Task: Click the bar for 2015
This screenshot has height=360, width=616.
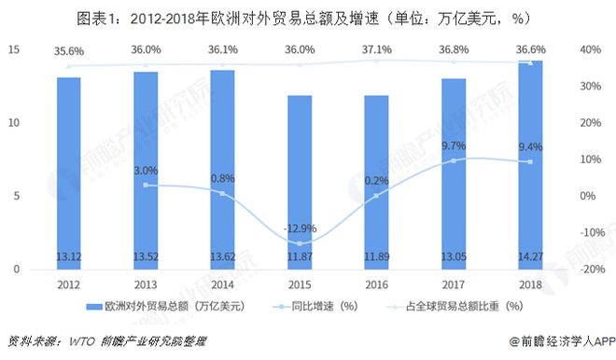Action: pyautogui.click(x=300, y=182)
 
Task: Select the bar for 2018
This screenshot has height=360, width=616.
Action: pyautogui.click(x=530, y=165)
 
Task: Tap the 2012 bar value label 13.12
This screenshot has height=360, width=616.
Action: pyautogui.click(x=69, y=256)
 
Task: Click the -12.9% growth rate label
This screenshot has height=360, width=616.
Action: pyautogui.click(x=300, y=228)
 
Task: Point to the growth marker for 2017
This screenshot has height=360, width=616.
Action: pyautogui.click(x=454, y=160)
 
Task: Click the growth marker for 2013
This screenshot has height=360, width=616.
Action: pyautogui.click(x=146, y=185)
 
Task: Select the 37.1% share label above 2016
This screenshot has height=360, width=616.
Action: pyautogui.click(x=377, y=49)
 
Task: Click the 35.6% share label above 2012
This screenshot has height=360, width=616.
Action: pyautogui.click(x=69, y=51)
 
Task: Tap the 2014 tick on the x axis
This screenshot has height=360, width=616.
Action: pyautogui.click(x=223, y=284)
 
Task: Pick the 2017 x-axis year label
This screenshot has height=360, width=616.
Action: pyautogui.click(x=454, y=284)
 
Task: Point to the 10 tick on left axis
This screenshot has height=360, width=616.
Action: pyautogui.click(x=14, y=123)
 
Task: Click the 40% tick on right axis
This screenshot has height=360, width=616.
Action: pyautogui.click(x=591, y=49)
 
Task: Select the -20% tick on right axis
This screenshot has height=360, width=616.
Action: pyautogui.click(x=593, y=270)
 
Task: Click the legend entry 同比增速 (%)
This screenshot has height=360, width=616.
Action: pyautogui.click(x=315, y=306)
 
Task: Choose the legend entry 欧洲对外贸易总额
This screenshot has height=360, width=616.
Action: pyautogui.click(x=165, y=306)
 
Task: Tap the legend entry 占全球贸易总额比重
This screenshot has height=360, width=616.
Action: pyautogui.click(x=455, y=306)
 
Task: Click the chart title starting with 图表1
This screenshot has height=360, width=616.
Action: pyautogui.click(x=303, y=19)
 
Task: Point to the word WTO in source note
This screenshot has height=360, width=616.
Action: pyautogui.click(x=82, y=341)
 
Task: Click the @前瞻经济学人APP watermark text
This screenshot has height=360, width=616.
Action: pyautogui.click(x=562, y=341)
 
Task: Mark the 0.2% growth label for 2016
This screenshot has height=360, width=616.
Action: pyautogui.click(x=377, y=181)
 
